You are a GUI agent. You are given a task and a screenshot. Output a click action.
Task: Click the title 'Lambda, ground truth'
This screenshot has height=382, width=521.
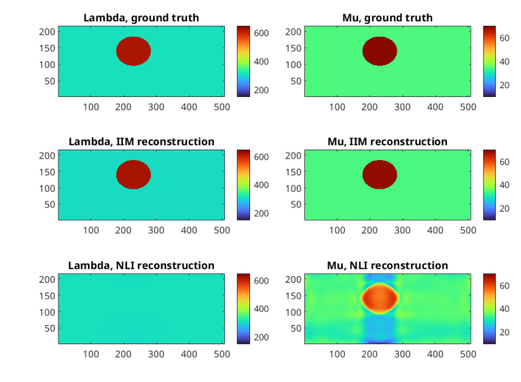(141, 18)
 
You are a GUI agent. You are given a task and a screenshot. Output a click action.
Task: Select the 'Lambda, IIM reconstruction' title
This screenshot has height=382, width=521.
(141, 141)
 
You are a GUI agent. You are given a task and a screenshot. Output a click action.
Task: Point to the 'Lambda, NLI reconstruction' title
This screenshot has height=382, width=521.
(141, 265)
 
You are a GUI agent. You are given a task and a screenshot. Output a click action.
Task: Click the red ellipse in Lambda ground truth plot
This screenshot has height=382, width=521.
(134, 51)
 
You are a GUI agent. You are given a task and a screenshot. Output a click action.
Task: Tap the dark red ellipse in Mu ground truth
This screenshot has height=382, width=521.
(380, 51)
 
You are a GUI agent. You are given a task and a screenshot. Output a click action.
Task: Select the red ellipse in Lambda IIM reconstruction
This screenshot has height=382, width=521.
(134, 175)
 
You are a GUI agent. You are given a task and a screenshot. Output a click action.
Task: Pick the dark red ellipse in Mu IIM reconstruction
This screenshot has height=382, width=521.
(380, 175)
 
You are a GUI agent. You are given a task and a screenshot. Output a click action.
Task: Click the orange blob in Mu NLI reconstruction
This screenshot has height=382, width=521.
(380, 298)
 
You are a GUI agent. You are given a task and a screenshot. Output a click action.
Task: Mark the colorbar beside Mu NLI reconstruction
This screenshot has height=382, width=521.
(489, 309)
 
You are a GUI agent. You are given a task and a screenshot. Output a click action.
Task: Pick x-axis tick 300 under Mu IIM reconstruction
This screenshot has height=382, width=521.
(403, 230)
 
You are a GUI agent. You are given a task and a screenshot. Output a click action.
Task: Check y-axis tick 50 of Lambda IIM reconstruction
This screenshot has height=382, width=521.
(48, 204)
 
